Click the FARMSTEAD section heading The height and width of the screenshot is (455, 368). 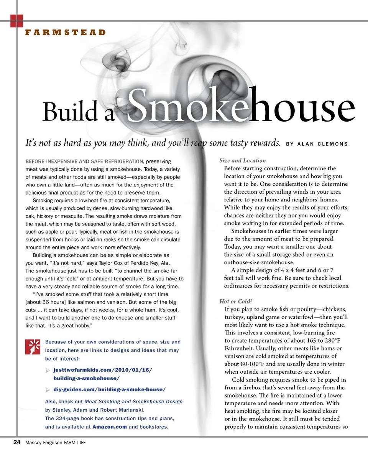pyautogui.click(x=65, y=32)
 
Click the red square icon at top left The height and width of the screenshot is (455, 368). pyautogui.click(x=17, y=21)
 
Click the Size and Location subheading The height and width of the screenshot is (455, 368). pyautogui.click(x=243, y=160)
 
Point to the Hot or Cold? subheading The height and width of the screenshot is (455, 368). pyautogui.click(x=236, y=301)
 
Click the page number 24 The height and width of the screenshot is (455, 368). pyautogui.click(x=16, y=442)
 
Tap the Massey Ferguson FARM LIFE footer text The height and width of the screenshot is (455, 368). pyautogui.click(x=56, y=443)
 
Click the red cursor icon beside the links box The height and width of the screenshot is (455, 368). pyautogui.click(x=32, y=347)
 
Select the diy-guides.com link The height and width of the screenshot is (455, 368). pyautogui.click(x=110, y=389)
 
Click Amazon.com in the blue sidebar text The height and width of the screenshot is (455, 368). pyautogui.click(x=110, y=427)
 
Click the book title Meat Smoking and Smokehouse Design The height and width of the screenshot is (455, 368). pyautogui.click(x=133, y=401)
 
